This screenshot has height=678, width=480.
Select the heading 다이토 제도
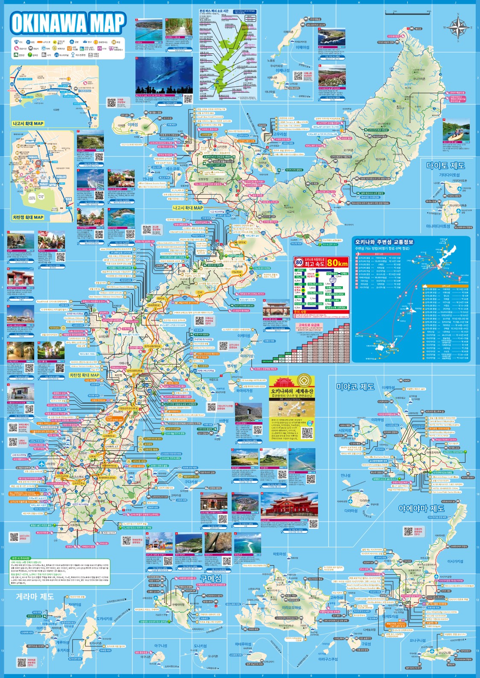[x=445, y=166]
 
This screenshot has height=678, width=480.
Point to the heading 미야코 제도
[x=355, y=387]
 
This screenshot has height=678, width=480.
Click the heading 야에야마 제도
[x=421, y=508]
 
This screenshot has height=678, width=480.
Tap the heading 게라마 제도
[x=35, y=596]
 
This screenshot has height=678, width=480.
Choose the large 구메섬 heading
[x=211, y=578]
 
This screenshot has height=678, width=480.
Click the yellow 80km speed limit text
[x=337, y=263]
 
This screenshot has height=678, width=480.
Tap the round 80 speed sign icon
[x=299, y=262]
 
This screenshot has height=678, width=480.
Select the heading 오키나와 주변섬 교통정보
[x=384, y=242]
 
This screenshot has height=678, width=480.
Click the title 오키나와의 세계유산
[x=292, y=391]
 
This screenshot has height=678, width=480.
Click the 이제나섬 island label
[x=283, y=70]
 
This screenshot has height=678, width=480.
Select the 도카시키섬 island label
[x=104, y=618]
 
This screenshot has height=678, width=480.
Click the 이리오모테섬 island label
[x=292, y=607]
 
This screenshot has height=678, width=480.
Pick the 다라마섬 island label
[x=351, y=510]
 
